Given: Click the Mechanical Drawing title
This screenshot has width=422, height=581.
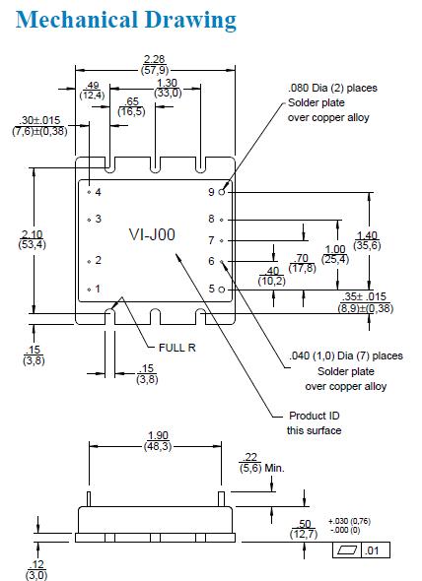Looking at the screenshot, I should tap(119, 20).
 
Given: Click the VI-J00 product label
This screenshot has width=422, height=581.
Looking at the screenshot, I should tap(152, 234).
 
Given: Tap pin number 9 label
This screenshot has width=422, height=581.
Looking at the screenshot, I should tap(211, 191).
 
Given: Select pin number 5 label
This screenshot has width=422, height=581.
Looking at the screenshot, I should tap(211, 289).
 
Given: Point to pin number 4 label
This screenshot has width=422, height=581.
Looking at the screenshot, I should tap(99, 192).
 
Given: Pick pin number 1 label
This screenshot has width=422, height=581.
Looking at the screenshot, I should tap(99, 289).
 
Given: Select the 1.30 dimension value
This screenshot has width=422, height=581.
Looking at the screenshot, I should tap(168, 83).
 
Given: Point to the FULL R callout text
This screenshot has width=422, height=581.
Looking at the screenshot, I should tap(176, 348).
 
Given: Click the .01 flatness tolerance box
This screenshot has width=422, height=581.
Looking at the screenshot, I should tap(374, 549).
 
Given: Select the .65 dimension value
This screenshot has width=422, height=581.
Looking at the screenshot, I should tap(130, 102).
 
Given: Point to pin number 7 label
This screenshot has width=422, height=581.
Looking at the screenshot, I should tap(211, 239).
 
